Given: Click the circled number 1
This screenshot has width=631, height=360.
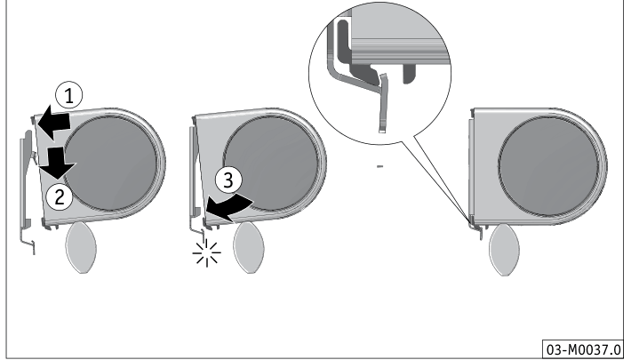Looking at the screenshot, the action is (x=68, y=96).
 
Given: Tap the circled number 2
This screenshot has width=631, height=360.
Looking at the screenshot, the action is (x=60, y=197).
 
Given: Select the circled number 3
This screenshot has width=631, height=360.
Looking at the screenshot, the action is (x=228, y=180).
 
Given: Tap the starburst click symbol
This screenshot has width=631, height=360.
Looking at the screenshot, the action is (x=206, y=252).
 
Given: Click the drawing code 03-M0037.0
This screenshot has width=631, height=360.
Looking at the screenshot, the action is (x=583, y=349).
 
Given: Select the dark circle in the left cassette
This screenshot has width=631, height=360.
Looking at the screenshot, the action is (x=110, y=164).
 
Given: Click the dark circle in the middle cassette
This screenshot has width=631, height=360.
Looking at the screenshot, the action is (x=270, y=164).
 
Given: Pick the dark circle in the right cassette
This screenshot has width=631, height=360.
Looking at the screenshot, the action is (x=547, y=166).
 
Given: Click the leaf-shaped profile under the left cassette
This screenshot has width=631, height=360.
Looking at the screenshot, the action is (x=81, y=247).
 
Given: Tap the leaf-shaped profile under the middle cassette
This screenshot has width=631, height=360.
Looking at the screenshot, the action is (x=249, y=247).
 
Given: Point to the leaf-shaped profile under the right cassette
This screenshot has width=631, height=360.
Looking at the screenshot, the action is (x=504, y=250).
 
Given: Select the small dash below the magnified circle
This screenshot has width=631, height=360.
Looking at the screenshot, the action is (x=379, y=166).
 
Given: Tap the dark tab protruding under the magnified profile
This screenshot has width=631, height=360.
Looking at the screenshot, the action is (x=409, y=74).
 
